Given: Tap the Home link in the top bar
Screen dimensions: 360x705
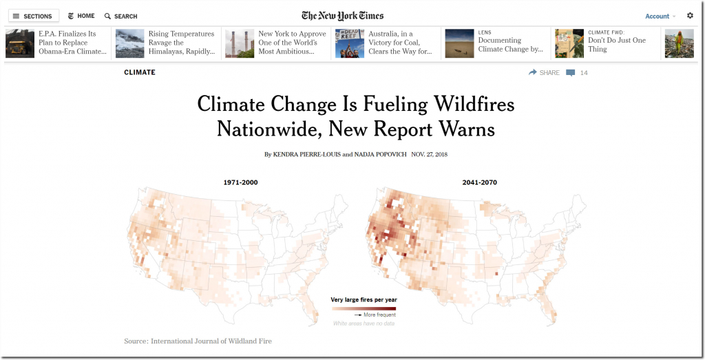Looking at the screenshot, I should (81, 16).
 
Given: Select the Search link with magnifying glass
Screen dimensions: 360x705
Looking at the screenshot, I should (121, 16).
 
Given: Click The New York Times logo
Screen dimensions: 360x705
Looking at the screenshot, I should (342, 16).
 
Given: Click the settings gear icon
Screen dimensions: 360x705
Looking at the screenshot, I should (690, 15).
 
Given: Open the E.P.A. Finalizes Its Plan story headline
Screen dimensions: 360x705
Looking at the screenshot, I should (72, 43).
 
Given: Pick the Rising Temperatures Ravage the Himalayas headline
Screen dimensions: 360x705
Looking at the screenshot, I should (182, 43).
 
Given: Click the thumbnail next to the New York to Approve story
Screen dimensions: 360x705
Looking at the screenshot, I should (240, 43).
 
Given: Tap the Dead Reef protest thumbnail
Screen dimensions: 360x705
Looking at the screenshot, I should (349, 43).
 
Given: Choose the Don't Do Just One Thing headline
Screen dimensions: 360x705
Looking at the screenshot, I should (617, 45).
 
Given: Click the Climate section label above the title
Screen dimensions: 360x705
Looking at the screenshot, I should (140, 72).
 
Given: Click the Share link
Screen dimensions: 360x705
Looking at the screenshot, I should (544, 72).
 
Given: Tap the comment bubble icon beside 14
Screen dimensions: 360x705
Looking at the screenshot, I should (571, 72).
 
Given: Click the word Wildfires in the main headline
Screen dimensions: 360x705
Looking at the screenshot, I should (473, 104).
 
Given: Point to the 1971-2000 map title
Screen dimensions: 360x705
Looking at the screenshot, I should (240, 182).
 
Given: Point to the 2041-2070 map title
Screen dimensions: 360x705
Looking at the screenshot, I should (480, 182).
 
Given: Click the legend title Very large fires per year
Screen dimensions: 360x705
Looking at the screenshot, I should (364, 299).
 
